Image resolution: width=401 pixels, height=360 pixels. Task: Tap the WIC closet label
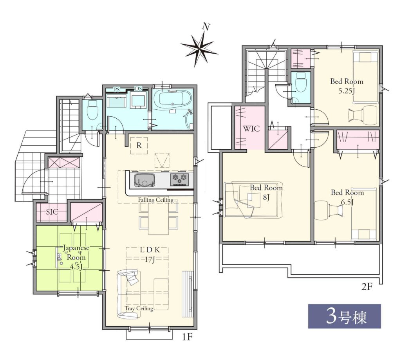pos(251,128)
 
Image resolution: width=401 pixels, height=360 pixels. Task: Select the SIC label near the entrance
pos(52,212)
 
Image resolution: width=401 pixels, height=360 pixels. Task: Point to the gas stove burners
pos(179,179)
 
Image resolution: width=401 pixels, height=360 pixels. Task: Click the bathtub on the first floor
pos(172,98)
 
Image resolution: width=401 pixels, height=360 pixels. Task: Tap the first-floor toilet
pos(92,110)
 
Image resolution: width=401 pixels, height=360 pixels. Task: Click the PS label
pos(117,90)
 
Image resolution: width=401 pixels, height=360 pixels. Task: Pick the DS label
pos(138,89)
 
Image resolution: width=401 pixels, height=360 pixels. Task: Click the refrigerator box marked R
pos(139,146)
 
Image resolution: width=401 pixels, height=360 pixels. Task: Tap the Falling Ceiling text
pos(156,200)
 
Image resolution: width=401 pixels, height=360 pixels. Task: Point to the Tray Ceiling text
pos(139,308)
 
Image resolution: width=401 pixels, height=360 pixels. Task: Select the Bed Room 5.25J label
pos(347,86)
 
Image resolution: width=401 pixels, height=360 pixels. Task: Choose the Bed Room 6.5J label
pos(347,197)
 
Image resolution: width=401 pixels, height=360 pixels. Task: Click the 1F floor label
pos(187,337)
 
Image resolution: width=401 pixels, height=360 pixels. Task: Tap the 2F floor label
pos(366,287)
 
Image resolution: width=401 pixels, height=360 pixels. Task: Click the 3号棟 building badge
pos(345,316)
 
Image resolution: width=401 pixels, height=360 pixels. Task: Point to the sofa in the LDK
pos(128,294)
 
